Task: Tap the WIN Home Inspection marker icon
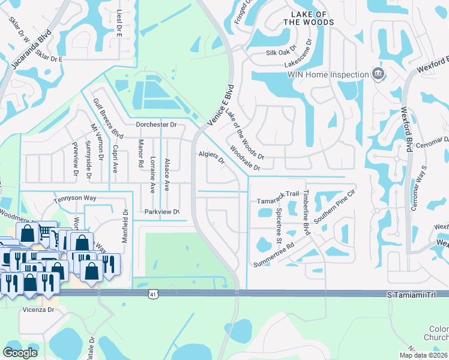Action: (x=378, y=74)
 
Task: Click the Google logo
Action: (x=20, y=353)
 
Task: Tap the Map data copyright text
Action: (x=423, y=355)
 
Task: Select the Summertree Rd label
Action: (x=274, y=254)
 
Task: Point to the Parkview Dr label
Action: (x=162, y=212)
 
